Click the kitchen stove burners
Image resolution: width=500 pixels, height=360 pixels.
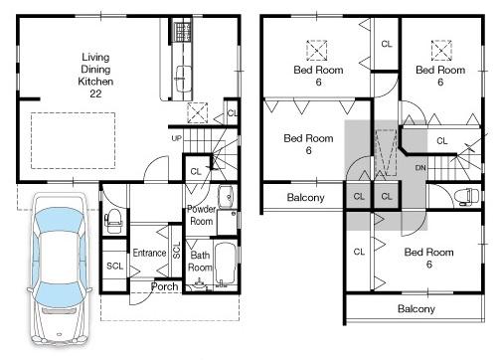(x=181, y=32)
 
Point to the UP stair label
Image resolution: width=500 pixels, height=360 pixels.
(x=177, y=138)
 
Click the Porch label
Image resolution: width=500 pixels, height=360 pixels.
(x=165, y=286)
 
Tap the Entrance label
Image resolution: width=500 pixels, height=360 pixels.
(x=149, y=253)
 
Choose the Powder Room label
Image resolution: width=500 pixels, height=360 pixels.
(x=203, y=215)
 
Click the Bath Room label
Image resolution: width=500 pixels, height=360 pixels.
(x=201, y=262)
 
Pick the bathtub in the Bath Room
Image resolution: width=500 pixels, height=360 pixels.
(x=226, y=261)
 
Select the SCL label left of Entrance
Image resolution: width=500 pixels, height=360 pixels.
(x=114, y=266)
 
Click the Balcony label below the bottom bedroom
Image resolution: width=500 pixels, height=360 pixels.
(x=417, y=308)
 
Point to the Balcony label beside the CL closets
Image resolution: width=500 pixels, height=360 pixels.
(x=306, y=197)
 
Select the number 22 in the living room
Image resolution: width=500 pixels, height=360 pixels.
(x=96, y=93)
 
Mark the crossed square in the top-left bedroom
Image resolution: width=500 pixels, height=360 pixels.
(x=318, y=49)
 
